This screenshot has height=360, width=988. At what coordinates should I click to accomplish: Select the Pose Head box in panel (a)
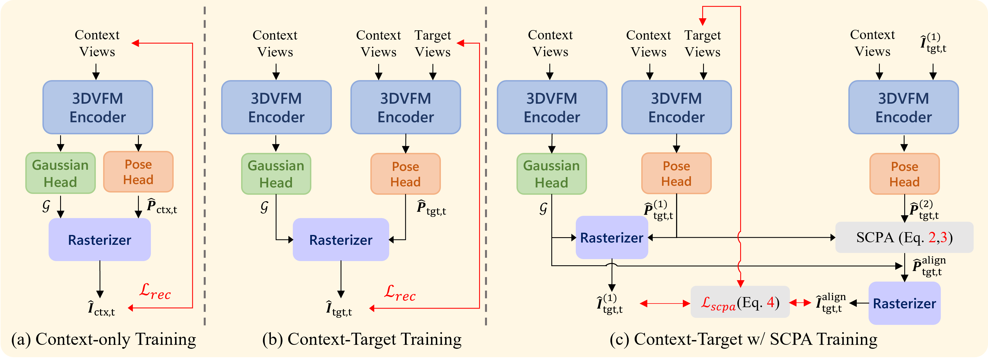(138, 172)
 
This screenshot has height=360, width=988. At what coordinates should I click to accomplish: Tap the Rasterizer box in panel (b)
(341, 240)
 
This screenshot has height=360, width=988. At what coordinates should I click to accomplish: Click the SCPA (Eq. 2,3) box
(904, 237)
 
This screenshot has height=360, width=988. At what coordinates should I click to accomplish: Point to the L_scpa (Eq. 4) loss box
(740, 302)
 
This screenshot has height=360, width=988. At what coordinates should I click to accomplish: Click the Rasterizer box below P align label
(904, 303)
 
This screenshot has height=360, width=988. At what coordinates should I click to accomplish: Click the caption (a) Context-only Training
(104, 339)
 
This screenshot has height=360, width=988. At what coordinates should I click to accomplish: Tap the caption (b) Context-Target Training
(362, 339)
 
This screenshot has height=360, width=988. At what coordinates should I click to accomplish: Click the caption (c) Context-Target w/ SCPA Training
(743, 339)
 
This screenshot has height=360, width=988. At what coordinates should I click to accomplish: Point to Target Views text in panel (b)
(433, 43)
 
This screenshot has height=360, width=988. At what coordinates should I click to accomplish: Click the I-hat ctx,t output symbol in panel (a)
(101, 309)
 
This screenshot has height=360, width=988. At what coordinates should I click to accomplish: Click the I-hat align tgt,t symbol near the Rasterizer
(830, 303)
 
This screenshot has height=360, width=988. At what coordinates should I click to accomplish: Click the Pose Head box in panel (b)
(405, 174)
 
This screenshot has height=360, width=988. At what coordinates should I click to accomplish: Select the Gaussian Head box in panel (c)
(551, 174)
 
